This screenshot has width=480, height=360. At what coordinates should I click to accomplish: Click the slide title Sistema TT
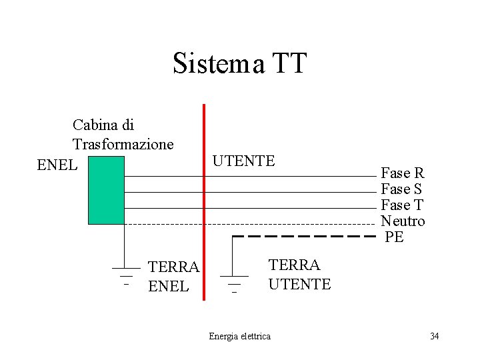(239, 63)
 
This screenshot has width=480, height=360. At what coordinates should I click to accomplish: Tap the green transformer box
(106, 191)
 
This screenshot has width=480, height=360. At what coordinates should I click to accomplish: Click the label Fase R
(402, 173)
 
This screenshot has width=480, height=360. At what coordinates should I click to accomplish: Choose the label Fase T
(402, 205)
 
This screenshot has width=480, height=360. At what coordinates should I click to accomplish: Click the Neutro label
(403, 221)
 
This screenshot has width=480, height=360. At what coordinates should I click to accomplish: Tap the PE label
(394, 237)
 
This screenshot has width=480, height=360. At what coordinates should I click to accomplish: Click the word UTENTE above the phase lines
(243, 161)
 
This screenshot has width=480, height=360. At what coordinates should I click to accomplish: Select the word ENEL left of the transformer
(57, 164)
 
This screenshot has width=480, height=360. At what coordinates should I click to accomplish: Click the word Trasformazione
(123, 144)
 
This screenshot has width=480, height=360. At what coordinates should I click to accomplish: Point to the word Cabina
(94, 125)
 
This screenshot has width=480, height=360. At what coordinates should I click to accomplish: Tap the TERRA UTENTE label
(299, 274)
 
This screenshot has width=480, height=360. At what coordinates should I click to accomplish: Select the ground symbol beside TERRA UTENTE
(233, 280)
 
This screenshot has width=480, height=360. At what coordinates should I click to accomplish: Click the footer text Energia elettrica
(239, 336)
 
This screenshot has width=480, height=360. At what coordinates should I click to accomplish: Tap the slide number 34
(434, 335)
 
